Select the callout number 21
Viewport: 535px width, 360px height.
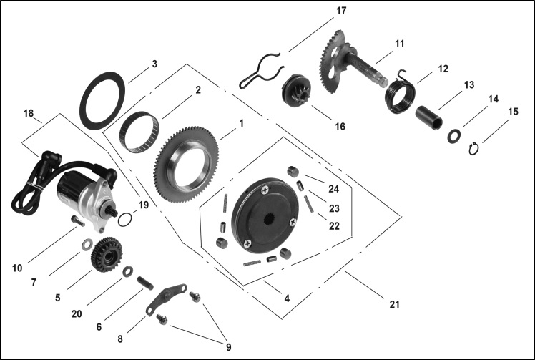coord(394,305)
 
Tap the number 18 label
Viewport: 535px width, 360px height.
coord(28,114)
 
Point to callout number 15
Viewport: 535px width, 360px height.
coord(513,112)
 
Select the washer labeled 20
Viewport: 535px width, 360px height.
coord(128,271)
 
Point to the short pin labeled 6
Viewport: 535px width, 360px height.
coord(144,283)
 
